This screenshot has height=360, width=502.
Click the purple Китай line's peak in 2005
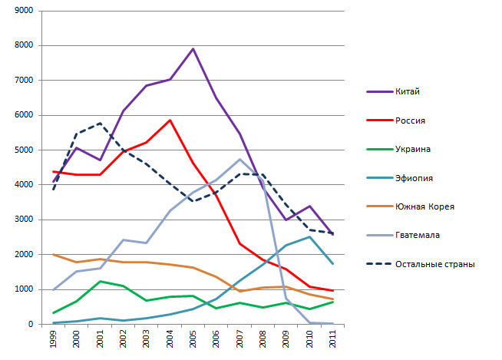(x=193, y=49)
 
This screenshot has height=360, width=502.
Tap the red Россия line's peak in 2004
(x=170, y=120)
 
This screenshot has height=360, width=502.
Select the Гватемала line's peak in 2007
(x=239, y=160)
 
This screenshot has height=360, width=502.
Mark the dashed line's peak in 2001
(x=100, y=124)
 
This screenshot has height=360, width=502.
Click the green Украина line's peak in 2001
(x=100, y=281)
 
